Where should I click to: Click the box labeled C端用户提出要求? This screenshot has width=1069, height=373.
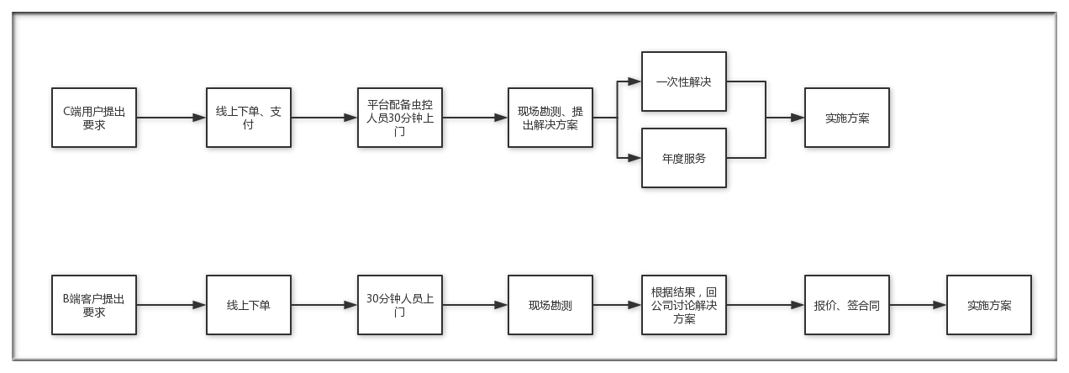coord(94,118)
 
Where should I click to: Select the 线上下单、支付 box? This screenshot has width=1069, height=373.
coord(249,118)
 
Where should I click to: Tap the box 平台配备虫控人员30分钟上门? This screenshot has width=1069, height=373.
coord(400,118)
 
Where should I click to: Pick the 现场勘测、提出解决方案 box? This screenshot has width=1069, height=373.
coord(550,118)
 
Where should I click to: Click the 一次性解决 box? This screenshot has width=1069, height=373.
coord(684,81)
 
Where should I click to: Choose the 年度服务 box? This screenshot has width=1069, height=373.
coord(684,158)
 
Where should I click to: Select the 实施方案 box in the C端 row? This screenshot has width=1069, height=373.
coord(847,118)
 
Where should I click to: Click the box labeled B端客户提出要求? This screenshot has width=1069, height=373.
coord(94,305)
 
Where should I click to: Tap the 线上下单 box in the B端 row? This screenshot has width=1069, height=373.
coord(249,305)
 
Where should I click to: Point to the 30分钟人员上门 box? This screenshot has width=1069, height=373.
coord(400,305)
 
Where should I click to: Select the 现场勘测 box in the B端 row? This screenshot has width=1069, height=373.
coord(550,305)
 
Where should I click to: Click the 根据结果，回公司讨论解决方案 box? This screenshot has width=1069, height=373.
coord(684,305)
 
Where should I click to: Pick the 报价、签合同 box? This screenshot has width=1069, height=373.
coord(847,305)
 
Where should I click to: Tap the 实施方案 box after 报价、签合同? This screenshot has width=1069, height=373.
coord(989,305)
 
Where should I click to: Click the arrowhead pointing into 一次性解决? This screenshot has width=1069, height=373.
coord(635,81)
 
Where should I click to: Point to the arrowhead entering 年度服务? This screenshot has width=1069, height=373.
coord(635,158)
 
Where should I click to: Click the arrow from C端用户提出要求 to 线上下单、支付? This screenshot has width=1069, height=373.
coord(171,118)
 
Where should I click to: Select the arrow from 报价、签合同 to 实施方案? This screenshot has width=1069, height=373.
coord(919,305)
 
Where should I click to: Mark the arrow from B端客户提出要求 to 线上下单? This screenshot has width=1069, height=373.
coord(171,305)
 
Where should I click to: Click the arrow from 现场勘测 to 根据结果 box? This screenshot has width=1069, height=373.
coord(617,305)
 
